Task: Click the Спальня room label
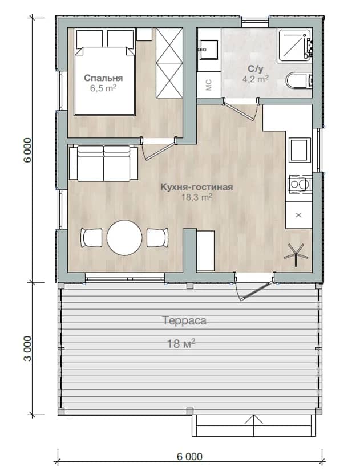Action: point(103,78)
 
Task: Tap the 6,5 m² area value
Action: point(103,88)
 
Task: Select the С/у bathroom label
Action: point(256,69)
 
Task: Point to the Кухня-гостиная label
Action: point(196,187)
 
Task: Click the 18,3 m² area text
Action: point(197,197)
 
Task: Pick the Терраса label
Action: point(184,320)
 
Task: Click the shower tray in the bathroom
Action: point(294,45)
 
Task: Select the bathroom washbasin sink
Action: point(208,50)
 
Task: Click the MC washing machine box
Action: point(209,85)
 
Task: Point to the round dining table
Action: point(124,238)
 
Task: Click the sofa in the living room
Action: point(104,164)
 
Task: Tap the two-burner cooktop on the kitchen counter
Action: point(299,184)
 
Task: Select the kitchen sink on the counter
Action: point(300,149)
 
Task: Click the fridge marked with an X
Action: point(298,215)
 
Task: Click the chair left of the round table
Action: point(91,238)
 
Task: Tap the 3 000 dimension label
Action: point(27,348)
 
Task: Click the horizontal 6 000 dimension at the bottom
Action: point(189,457)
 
